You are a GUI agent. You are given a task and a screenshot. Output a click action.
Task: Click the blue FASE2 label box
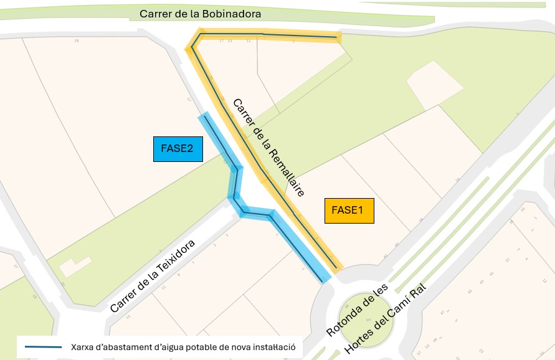[x=178, y=149]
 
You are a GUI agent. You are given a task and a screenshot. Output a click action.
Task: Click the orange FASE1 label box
[x=349, y=211]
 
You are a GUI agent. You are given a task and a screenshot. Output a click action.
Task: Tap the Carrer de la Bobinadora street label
[x=200, y=13]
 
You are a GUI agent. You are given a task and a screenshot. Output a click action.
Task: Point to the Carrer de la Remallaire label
[x=268, y=148]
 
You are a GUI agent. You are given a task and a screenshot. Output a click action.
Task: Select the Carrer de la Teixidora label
[x=153, y=276]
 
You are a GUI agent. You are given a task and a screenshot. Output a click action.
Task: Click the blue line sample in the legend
[x=43, y=346]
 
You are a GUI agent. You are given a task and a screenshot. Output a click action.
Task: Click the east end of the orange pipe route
[x=338, y=38]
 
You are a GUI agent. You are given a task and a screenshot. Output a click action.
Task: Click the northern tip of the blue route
[x=203, y=116]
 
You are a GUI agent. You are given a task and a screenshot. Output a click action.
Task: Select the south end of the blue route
[x=325, y=278]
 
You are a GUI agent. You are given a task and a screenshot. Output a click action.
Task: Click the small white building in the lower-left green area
[x=75, y=267]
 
